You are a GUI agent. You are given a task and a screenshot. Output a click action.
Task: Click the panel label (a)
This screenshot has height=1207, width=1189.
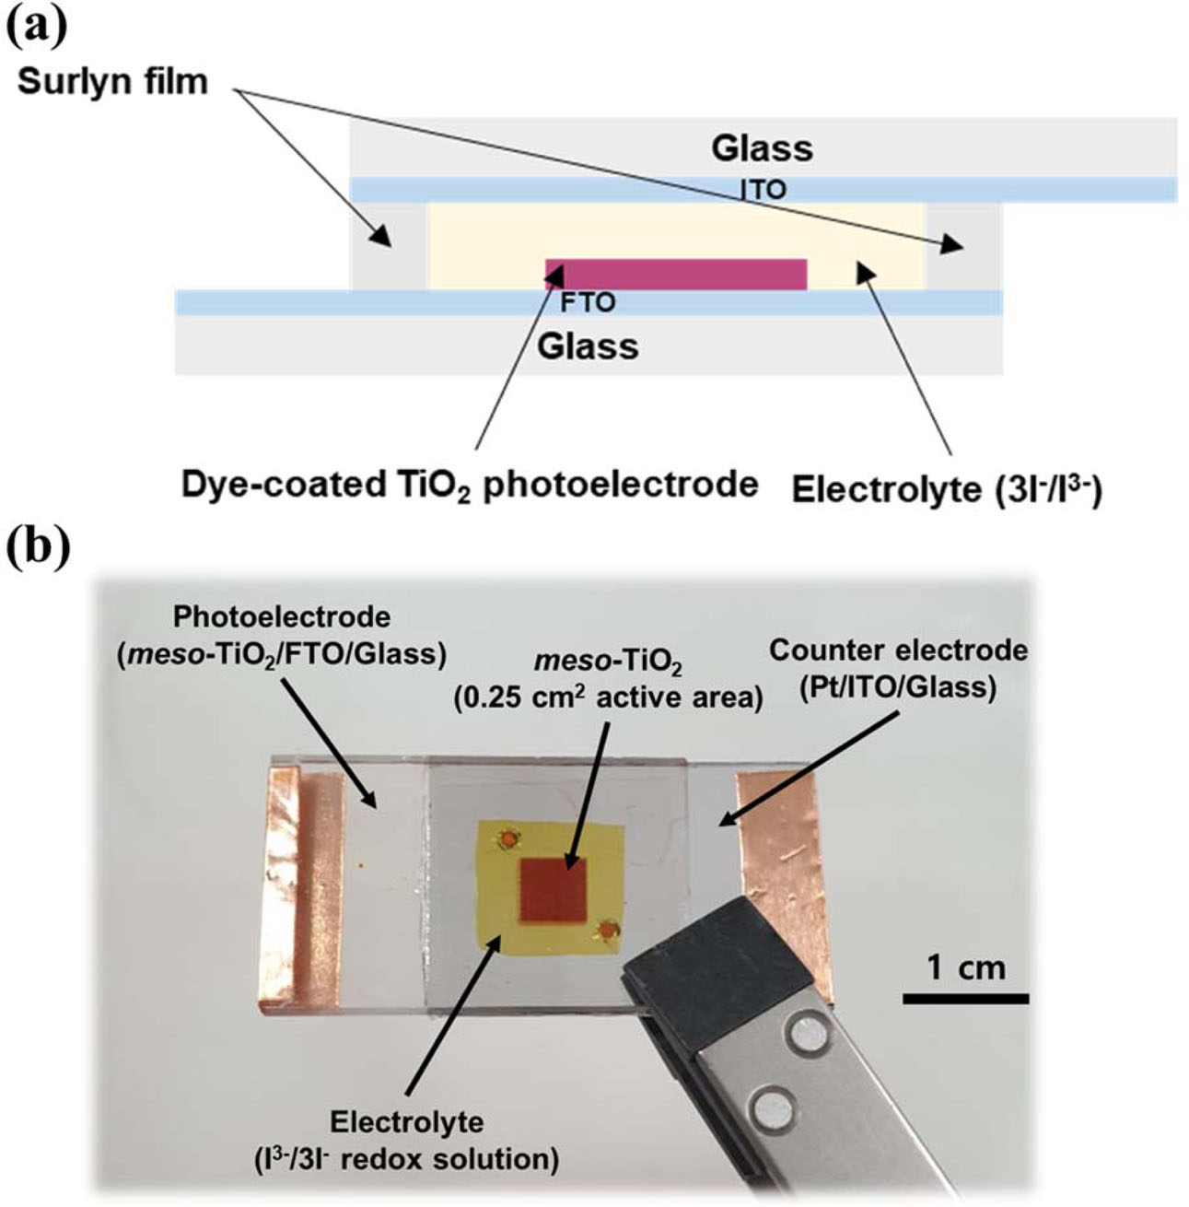pos(36,27)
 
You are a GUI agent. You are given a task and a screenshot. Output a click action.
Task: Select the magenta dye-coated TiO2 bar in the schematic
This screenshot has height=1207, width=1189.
pos(676,275)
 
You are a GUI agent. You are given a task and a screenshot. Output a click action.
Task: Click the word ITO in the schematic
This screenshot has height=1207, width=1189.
pos(764,190)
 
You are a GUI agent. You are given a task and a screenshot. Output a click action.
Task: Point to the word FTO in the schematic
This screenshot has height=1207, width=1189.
pos(588,302)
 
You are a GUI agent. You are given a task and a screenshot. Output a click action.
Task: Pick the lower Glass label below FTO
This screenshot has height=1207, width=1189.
pos(589,347)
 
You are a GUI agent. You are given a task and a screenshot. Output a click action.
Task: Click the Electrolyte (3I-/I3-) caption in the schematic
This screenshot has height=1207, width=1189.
pos(947,490)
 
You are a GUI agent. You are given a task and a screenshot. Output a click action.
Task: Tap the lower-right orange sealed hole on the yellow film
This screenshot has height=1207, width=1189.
pos(607,932)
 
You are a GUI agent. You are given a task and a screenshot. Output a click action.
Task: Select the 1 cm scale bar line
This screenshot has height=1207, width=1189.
pos(964,998)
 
